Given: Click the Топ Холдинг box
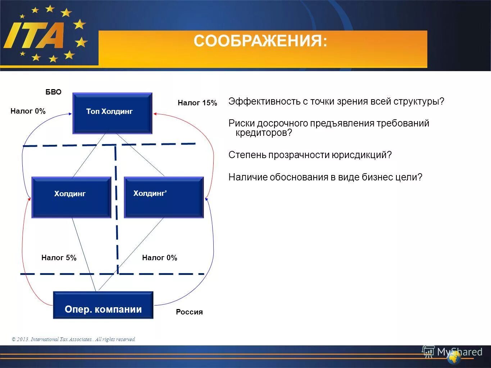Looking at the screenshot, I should point(112,113).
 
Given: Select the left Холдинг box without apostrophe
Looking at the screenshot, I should point(71,197).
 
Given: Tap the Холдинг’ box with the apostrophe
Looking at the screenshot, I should point(164,197).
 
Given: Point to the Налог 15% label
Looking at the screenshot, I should point(197,103).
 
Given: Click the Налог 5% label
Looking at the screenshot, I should point(59,258).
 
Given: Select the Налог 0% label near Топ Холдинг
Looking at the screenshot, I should point(28,111).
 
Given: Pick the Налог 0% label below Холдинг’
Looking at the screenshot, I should point(160,258).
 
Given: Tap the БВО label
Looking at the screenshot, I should point(53,92).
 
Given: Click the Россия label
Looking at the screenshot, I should point(189,312).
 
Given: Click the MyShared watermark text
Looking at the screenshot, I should point(459,351).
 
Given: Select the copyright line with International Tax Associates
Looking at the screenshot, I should point(74,339).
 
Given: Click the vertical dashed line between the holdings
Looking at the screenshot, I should point(116,208).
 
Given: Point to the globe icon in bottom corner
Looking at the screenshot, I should point(454,358).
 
